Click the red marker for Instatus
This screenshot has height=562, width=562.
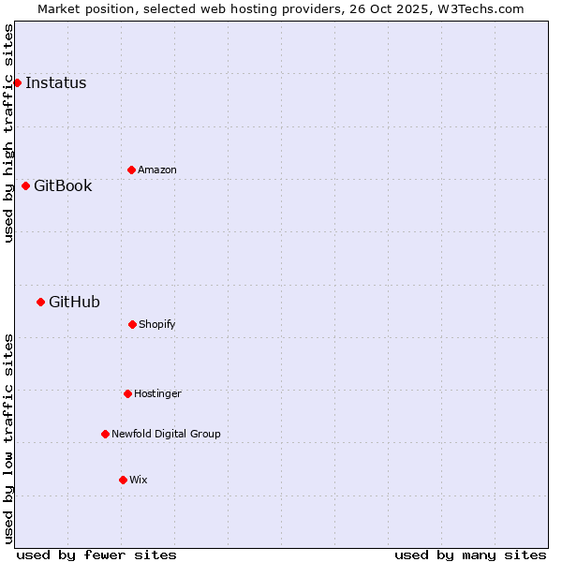point(17,82)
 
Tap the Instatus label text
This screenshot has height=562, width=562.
point(55,82)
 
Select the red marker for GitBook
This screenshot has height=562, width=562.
point(25,185)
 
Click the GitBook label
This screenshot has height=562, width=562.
point(63,185)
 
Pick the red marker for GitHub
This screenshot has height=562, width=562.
point(40,302)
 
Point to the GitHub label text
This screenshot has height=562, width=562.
point(74,302)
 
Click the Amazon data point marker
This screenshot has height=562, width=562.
point(131,170)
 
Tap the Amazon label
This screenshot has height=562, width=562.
point(156,170)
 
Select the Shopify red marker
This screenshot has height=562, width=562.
point(132,324)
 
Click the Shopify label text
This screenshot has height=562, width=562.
point(156,324)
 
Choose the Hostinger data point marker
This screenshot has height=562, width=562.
point(127,393)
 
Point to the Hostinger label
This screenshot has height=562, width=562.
point(157,393)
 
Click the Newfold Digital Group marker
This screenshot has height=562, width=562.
point(105,434)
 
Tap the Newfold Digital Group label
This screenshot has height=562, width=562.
point(166,434)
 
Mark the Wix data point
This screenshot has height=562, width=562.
point(123,480)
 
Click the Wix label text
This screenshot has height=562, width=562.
point(138,480)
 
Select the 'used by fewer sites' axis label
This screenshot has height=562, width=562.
point(96,555)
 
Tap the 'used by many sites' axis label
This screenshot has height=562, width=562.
point(470,555)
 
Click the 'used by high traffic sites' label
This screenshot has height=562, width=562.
point(8,133)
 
